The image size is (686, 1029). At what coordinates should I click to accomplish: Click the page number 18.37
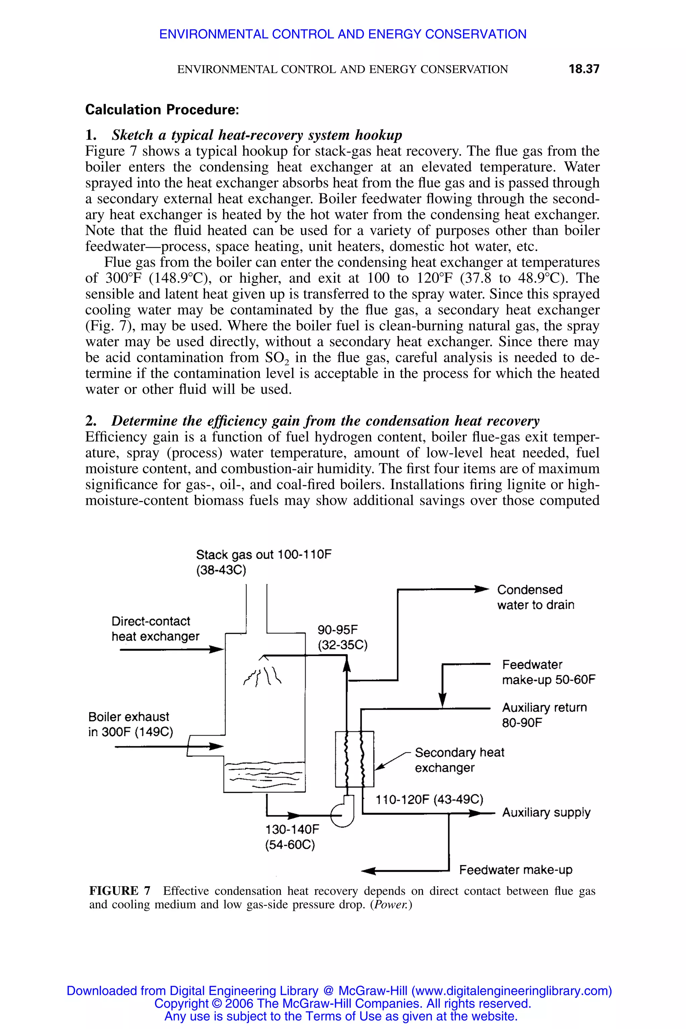[x=584, y=69]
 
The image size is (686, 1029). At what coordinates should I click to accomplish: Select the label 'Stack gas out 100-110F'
[x=264, y=555]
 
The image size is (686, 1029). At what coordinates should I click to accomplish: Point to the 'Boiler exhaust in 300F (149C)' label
[x=130, y=724]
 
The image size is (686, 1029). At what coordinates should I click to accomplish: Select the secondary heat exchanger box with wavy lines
[x=354, y=759]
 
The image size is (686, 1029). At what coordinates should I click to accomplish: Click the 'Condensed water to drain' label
[x=536, y=597]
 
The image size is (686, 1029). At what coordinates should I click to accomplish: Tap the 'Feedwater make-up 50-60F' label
[x=549, y=672]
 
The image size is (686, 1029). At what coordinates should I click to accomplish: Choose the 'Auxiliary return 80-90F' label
[x=544, y=715]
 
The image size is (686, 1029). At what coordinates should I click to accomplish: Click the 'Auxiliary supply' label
[x=546, y=812]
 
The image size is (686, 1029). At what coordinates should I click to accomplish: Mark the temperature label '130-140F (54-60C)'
[x=291, y=837]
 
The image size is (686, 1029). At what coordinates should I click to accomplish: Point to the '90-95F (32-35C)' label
[x=342, y=637]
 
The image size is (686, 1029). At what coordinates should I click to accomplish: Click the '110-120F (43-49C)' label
[x=429, y=800]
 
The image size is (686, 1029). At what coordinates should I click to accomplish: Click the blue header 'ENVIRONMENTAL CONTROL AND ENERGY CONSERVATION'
[x=343, y=34]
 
